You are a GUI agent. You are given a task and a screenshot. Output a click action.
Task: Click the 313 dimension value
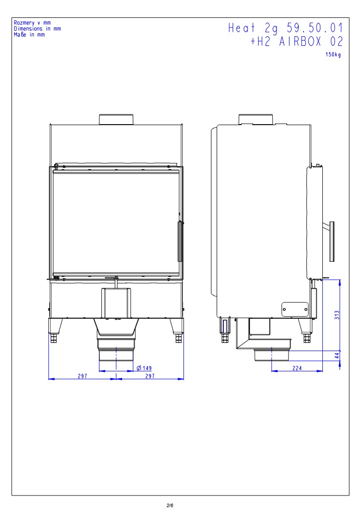[x=337, y=315]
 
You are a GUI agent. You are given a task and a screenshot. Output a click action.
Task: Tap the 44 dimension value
[x=337, y=355]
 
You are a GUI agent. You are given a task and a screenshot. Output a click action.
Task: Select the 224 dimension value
[x=297, y=368]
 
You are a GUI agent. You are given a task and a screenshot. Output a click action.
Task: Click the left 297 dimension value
[x=83, y=376]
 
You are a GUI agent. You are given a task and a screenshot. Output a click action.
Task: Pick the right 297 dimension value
[x=150, y=376]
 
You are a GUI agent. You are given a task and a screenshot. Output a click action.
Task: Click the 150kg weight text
[x=333, y=55]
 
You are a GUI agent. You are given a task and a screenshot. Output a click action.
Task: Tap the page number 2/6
[x=169, y=506]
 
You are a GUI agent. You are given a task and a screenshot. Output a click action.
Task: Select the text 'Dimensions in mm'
[x=37, y=28]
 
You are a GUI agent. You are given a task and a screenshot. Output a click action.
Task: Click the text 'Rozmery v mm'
[x=32, y=23]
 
